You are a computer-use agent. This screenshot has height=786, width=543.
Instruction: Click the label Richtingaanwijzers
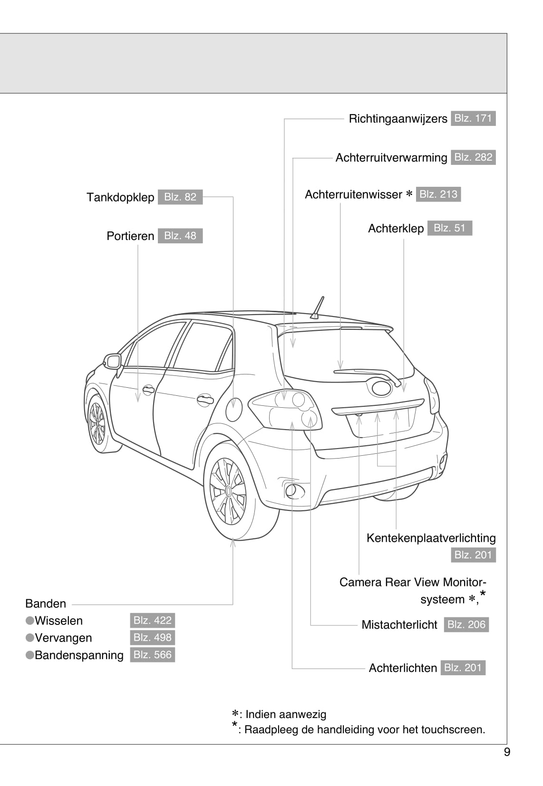(398, 119)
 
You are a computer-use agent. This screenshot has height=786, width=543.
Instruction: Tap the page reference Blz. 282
(473, 157)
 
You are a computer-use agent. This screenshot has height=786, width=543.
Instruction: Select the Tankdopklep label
(120, 197)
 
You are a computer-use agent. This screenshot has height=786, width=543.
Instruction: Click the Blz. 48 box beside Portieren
(180, 236)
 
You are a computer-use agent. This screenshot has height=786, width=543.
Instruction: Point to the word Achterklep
(396, 229)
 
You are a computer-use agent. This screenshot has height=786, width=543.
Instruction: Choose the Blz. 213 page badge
(438, 194)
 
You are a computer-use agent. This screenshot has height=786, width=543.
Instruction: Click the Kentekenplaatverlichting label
(431, 538)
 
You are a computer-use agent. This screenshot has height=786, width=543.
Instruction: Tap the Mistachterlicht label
(399, 624)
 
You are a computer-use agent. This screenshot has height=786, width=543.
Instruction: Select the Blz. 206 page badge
(466, 624)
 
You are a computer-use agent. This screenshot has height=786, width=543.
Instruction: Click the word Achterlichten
(403, 668)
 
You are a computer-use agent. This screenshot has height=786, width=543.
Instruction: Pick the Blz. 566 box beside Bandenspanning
(152, 655)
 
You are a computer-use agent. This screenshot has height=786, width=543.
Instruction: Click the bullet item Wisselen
(58, 621)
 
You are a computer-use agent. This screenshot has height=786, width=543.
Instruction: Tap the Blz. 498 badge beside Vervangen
(152, 638)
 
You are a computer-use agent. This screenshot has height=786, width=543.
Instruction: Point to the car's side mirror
(113, 362)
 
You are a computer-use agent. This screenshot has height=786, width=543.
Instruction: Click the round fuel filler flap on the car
(234, 410)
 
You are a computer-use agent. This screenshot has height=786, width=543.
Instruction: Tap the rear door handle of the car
(205, 399)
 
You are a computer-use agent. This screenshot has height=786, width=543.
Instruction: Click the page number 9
(507, 752)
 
